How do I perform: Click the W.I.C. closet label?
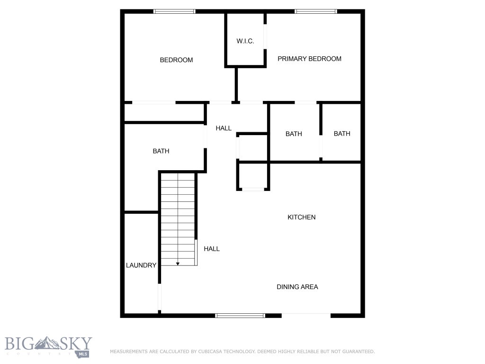[x=245, y=41]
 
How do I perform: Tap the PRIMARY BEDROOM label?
[x=309, y=59]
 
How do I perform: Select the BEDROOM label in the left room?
[x=176, y=60]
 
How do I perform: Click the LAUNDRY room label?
[x=141, y=265]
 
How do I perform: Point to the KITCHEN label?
[x=302, y=217]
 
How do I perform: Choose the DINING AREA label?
[x=297, y=287]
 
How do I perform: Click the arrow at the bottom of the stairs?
[x=178, y=263]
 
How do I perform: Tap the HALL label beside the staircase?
[x=212, y=248]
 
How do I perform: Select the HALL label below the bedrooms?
[x=224, y=128]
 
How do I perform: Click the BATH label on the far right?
[x=342, y=134]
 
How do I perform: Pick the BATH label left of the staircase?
[x=161, y=151]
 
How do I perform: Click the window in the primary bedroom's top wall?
[x=315, y=11]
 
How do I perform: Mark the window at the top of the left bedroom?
[x=174, y=11]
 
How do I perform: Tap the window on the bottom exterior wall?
[x=240, y=315]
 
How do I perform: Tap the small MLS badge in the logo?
[x=83, y=353]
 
